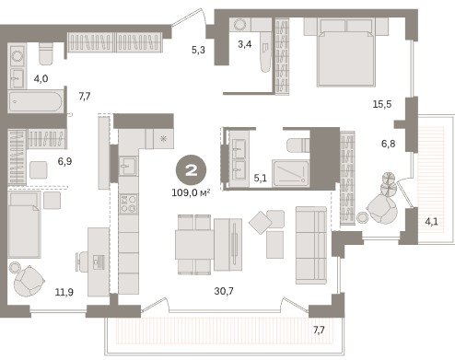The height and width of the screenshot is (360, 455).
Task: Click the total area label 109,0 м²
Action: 191,192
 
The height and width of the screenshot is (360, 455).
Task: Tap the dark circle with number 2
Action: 191,170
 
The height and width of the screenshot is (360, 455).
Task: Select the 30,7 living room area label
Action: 224,291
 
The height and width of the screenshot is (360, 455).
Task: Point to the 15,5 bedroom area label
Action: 382,104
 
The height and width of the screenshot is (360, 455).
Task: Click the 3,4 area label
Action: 245,44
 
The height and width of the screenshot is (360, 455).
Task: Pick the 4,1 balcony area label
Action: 431,221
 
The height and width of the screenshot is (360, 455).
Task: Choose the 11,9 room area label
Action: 64,292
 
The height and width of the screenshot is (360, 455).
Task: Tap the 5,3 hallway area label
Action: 198,50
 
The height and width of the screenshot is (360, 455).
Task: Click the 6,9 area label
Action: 64,161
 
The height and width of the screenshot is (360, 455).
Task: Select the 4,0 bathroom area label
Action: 41,78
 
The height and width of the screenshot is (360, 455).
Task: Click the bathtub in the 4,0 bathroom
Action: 36,102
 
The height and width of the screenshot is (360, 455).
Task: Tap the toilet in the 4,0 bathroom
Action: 46,53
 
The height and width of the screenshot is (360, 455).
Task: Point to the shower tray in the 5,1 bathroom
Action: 290,173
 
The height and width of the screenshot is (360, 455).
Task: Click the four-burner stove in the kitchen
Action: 129,204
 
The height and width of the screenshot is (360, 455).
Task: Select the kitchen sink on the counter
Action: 128,166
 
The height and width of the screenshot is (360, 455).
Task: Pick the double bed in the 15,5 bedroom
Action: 346,52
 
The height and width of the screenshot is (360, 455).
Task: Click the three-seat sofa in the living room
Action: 311,245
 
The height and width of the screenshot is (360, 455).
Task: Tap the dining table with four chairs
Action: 194,244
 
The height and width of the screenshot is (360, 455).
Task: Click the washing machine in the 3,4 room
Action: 240,25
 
